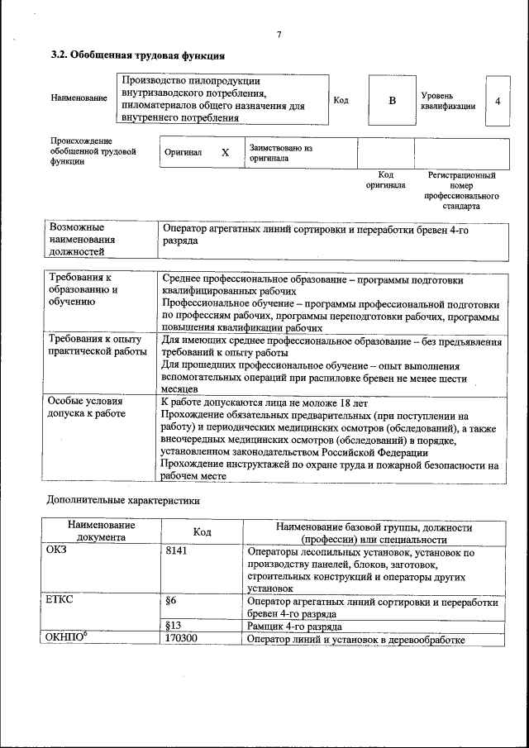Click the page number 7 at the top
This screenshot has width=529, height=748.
pyautogui.click(x=279, y=34)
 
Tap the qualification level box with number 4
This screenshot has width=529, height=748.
pyautogui.click(x=497, y=100)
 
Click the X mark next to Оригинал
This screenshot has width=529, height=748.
pyautogui.click(x=225, y=153)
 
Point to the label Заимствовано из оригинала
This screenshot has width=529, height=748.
pyautogui.click(x=280, y=152)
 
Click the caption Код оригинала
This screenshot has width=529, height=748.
pyautogui.click(x=385, y=180)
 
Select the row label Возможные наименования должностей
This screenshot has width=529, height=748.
pyautogui.click(x=83, y=240)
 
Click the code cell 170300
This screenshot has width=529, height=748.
pyautogui.click(x=185, y=639)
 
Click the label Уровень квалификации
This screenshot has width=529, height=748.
pyautogui.click(x=447, y=101)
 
